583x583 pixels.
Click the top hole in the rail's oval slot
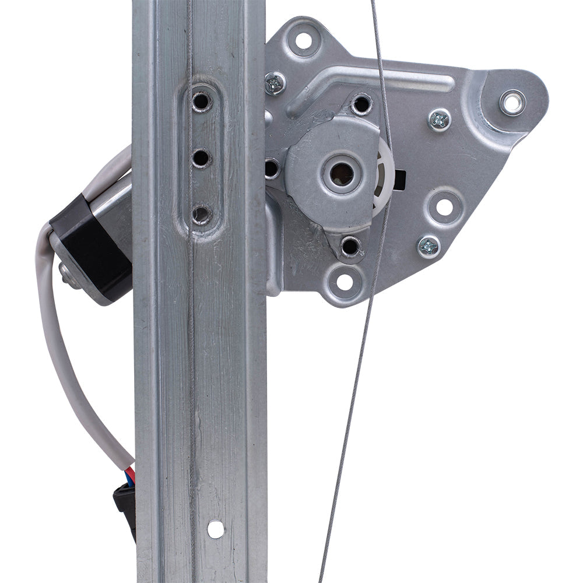tap(201, 101)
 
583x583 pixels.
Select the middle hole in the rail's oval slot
tap(201, 157)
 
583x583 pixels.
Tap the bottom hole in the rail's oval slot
tap(201, 215)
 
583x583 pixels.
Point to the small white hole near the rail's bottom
tap(216, 529)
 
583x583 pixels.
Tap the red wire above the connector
tap(131, 475)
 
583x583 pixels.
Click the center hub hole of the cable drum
tap(341, 173)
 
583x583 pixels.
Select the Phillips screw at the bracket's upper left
tap(275, 83)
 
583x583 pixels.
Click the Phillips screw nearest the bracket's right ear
tap(440, 120)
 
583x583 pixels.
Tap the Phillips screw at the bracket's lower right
tap(429, 247)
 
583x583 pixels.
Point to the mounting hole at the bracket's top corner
tap(303, 41)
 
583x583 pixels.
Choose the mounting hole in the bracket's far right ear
tap(512, 103)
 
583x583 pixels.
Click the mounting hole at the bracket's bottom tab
tap(345, 282)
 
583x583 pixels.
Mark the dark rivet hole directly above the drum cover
tap(361, 104)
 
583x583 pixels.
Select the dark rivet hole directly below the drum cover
tap(350, 245)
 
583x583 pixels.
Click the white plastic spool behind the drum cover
tap(385, 169)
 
